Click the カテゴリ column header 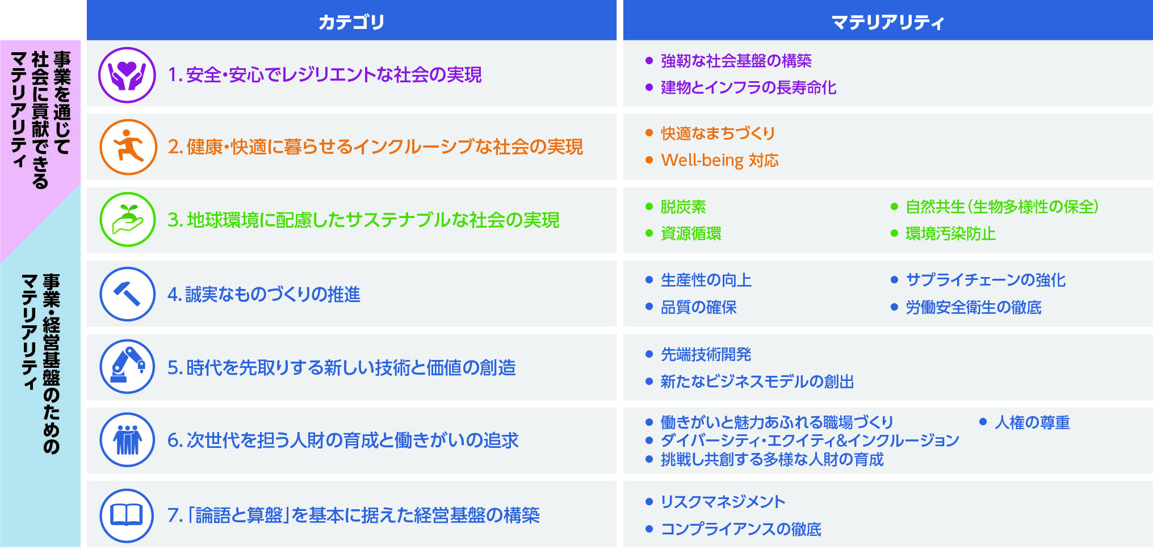point(351,22)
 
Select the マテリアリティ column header point(888,22)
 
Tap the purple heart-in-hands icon point(127,75)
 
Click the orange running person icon point(128,147)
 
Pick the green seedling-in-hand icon point(128,220)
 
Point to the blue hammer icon point(128,294)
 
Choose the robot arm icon point(128,367)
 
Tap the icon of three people point(128,440)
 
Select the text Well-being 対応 point(720,161)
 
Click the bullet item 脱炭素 point(684,207)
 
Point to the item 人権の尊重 point(1032,422)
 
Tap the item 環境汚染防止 point(951,234)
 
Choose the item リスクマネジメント point(723,502)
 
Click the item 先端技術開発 point(706,355)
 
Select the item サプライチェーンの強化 point(986,280)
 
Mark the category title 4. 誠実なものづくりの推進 point(264,294)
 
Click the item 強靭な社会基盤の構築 point(736,61)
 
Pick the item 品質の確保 point(699,307)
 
